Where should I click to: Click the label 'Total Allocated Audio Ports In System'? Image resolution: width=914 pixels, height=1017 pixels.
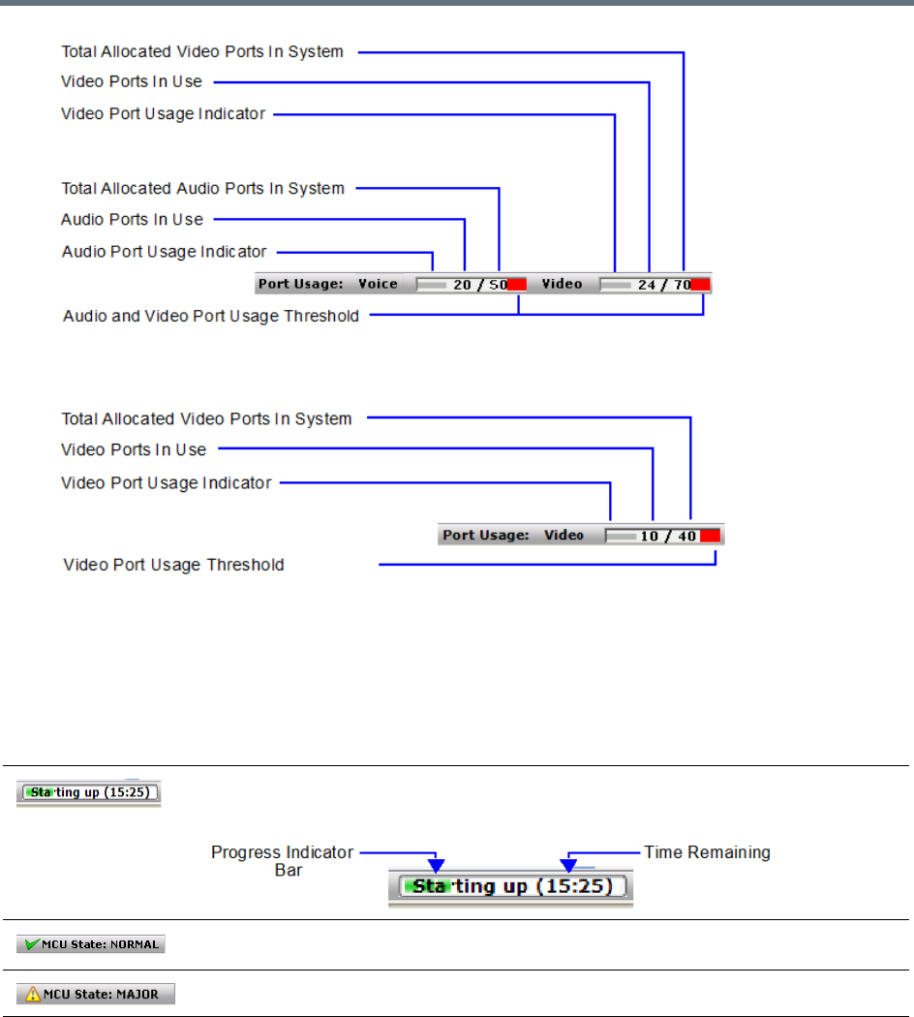203,188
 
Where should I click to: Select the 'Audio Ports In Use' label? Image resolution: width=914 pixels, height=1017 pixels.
133,220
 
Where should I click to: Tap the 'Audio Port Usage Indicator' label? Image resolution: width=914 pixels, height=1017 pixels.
165,252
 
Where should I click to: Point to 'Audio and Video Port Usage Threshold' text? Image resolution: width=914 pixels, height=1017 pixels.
211,316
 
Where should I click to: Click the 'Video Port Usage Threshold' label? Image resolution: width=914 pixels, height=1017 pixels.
174,565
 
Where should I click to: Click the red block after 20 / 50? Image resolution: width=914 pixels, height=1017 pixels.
517,284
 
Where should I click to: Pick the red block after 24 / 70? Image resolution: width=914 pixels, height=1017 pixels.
701,284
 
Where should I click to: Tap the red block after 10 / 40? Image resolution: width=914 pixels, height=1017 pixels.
711,536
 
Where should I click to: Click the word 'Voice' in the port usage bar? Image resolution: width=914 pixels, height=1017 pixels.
378,284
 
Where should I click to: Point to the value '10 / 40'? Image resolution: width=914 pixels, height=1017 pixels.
668,536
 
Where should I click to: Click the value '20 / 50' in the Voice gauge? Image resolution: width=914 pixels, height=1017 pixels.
480,285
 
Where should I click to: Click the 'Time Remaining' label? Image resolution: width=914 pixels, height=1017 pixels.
708,852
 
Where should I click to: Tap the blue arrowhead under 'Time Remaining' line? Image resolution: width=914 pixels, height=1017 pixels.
569,864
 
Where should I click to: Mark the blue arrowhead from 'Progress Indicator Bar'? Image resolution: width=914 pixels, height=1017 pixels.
438,863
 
